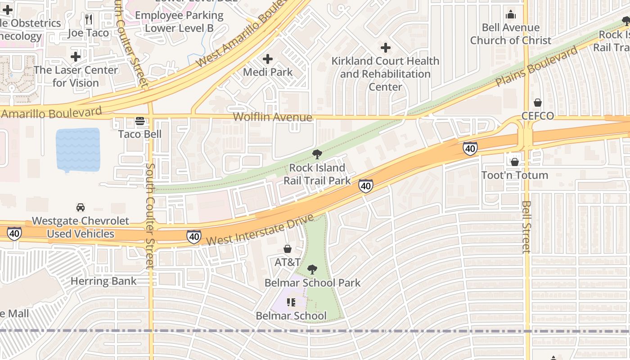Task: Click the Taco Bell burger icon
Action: [x=140, y=121]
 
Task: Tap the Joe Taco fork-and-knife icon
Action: [x=89, y=19]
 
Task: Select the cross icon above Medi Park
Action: [x=268, y=59]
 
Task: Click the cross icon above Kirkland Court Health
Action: [x=386, y=48]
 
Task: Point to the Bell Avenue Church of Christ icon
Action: [x=511, y=15]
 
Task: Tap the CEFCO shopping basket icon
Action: [x=538, y=103]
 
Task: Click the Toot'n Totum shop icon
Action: [x=515, y=162]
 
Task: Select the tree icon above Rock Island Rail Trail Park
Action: [x=317, y=154]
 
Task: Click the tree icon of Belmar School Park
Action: [x=312, y=270]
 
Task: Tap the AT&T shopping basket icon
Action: [x=288, y=249]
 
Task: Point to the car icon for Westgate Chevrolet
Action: [x=81, y=207]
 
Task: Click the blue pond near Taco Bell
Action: [x=78, y=150]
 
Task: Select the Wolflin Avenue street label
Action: [x=272, y=117]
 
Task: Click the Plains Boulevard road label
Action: [x=536, y=67]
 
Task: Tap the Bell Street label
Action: [x=526, y=227]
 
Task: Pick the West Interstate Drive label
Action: [x=260, y=230]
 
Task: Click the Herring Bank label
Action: [x=103, y=281]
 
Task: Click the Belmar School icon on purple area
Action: [x=291, y=302]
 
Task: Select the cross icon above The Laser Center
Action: [x=76, y=57]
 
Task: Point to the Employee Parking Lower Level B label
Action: [x=179, y=22]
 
